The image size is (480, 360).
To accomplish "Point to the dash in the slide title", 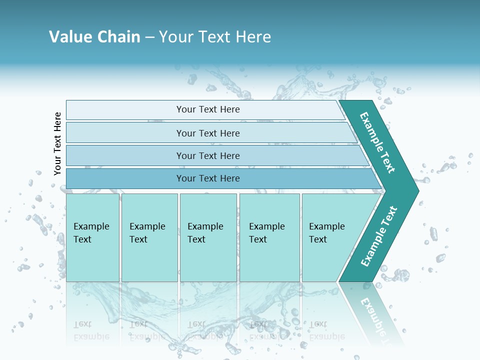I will pyautogui.click(x=149, y=37).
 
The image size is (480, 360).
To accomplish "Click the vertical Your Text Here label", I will pyautogui.click(x=57, y=143).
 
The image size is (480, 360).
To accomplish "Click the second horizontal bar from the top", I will pyautogui.click(x=207, y=133).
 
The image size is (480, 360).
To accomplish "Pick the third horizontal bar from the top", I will pyautogui.click(x=207, y=155).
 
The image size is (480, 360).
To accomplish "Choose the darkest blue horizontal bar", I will pyautogui.click(x=207, y=178).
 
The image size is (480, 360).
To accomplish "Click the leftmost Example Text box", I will pyautogui.click(x=92, y=237).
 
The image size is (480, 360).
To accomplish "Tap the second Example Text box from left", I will pyautogui.click(x=149, y=237).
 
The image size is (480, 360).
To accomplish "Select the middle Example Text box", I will pyautogui.click(x=207, y=237).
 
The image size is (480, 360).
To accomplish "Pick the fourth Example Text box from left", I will pyautogui.click(x=269, y=237).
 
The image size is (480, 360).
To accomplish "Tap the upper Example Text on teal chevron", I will pyautogui.click(x=377, y=142).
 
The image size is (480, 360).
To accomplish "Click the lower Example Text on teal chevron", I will pyautogui.click(x=378, y=236).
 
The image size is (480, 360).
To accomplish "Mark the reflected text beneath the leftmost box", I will pyautogui.click(x=91, y=330).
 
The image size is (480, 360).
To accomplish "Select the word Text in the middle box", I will pyautogui.click(x=196, y=239).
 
